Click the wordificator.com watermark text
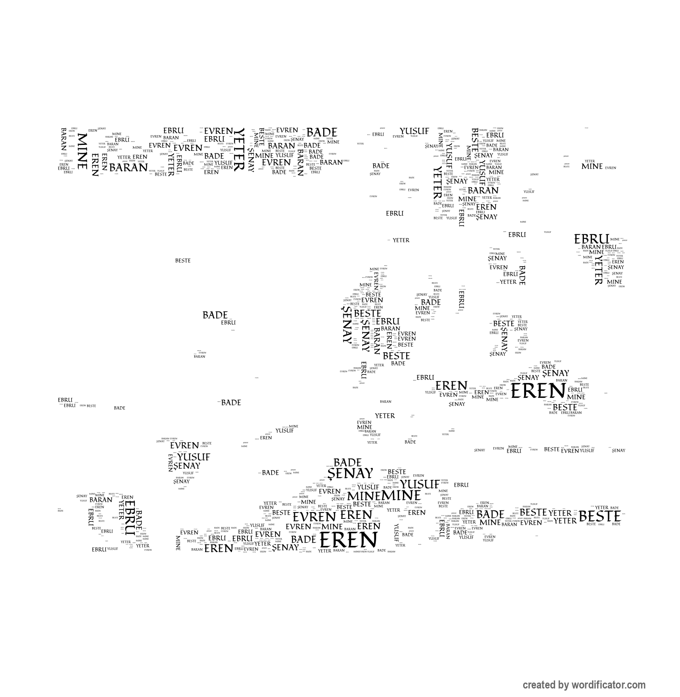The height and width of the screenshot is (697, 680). (584, 685)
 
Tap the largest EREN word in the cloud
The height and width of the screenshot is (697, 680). (348, 540)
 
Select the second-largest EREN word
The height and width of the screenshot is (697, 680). (538, 391)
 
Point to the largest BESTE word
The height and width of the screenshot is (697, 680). (600, 516)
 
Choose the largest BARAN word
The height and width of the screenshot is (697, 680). (128, 167)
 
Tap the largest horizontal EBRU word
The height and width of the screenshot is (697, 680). (592, 239)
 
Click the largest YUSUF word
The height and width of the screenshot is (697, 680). (420, 484)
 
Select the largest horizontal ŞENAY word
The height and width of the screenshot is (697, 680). (350, 473)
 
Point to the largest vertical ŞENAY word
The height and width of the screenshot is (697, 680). (347, 326)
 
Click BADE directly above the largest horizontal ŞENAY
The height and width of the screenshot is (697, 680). (347, 462)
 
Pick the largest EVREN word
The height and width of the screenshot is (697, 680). (314, 517)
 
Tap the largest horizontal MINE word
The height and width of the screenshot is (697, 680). (401, 495)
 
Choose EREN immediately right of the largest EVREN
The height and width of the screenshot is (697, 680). (356, 515)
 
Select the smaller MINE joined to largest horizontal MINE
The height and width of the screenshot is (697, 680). (364, 496)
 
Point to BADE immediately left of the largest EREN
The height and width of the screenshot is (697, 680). (303, 539)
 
